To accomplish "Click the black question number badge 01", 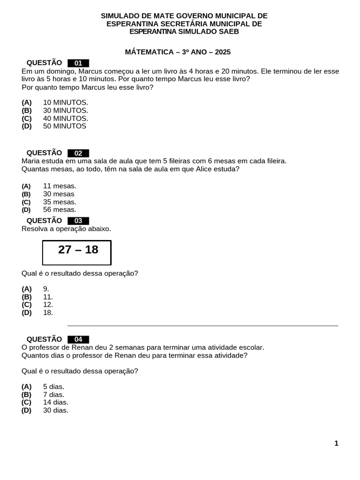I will (x=78, y=63).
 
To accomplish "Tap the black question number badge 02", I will (x=78, y=153).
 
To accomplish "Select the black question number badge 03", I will (x=78, y=221).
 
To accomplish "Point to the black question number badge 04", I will (x=78, y=340).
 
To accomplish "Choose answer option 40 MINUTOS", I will (x=65, y=119).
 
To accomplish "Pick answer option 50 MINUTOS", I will (x=64, y=126).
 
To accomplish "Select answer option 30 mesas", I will (x=59, y=194).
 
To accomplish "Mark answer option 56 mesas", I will (x=60, y=210).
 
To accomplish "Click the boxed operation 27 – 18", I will (x=77, y=252).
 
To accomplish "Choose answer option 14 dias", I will (x=55, y=402).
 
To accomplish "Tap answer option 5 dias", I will (x=53, y=387).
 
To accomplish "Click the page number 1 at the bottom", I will (x=336, y=443).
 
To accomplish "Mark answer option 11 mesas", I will (x=60, y=186).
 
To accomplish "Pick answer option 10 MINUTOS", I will (x=65, y=102).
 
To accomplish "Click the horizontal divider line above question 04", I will (x=202, y=325).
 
